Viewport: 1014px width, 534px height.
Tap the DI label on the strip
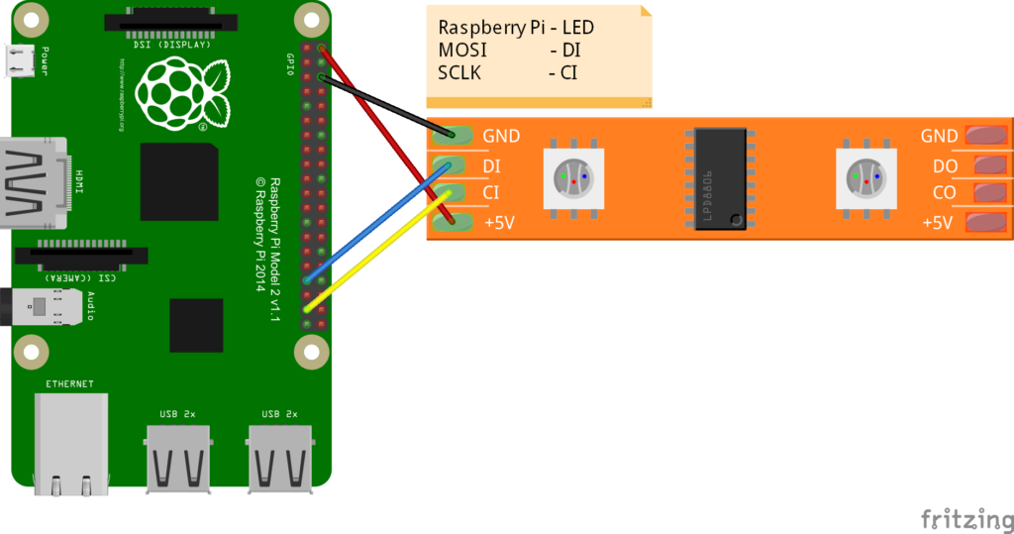pyautogui.click(x=491, y=166)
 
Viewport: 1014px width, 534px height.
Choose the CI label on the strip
pyautogui.click(x=490, y=192)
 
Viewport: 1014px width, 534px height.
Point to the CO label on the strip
pyautogui.click(x=943, y=192)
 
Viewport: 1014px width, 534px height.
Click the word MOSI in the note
pyautogui.click(x=462, y=50)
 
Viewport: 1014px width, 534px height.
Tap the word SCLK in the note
pyautogui.click(x=460, y=72)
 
